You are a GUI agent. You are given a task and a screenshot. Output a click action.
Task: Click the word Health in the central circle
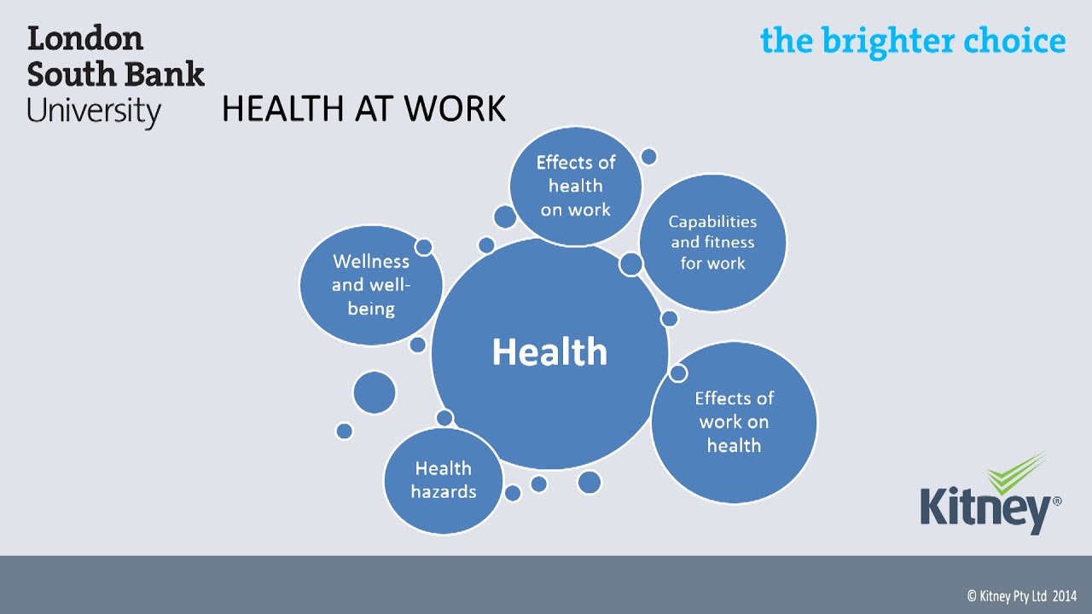pyautogui.click(x=549, y=352)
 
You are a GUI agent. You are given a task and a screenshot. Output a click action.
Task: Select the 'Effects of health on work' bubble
pyautogui.click(x=575, y=186)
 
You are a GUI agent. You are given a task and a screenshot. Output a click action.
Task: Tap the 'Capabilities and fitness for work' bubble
pyautogui.click(x=712, y=243)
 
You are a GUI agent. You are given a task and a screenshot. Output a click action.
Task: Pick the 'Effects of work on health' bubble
pyautogui.click(x=734, y=422)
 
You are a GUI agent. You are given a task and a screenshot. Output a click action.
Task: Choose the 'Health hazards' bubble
pyautogui.click(x=443, y=479)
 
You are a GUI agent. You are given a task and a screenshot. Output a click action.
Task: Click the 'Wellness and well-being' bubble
pyautogui.click(x=371, y=285)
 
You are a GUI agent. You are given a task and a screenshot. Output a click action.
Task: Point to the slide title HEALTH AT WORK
pyautogui.click(x=363, y=109)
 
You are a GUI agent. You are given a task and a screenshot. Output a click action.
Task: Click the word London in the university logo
pyautogui.click(x=85, y=39)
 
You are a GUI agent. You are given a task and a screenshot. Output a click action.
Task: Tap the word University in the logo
pyautogui.click(x=94, y=112)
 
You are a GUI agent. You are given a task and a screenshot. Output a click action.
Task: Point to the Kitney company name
pyautogui.click(x=985, y=509)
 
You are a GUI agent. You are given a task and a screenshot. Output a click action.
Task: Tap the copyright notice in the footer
pyautogui.click(x=1021, y=596)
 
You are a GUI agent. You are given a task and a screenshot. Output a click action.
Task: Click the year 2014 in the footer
pyautogui.click(x=1064, y=596)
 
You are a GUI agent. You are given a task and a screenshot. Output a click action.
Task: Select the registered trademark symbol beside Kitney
pyautogui.click(x=1057, y=502)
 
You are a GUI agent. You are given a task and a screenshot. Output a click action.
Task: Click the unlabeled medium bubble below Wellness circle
pyautogui.click(x=375, y=393)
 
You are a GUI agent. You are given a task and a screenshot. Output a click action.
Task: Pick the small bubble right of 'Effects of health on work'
pyautogui.click(x=648, y=156)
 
